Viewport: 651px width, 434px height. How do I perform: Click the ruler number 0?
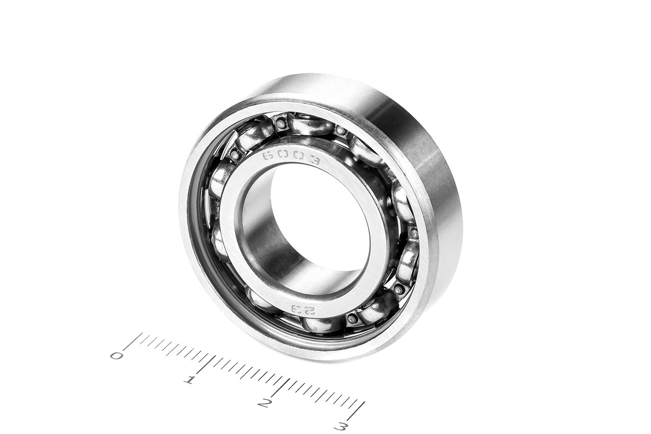[x=116, y=356]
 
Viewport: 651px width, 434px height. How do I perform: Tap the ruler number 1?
[x=190, y=380]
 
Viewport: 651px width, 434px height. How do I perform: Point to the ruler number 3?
[x=340, y=427]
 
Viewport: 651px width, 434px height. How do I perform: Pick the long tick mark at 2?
[x=279, y=388]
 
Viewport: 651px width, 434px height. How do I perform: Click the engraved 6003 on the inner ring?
[x=291, y=158]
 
